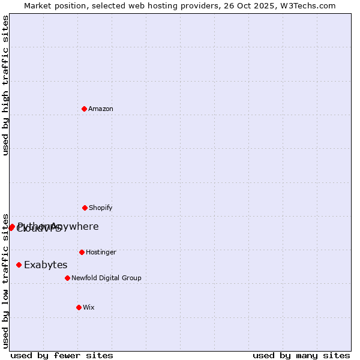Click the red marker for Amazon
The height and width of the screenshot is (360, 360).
84,109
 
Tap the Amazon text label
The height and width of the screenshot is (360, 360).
101,109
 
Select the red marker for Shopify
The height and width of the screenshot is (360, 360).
85,208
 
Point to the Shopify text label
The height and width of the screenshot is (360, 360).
101,208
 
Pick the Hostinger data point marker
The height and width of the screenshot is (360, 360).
82,252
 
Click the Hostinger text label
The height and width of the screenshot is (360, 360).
101,252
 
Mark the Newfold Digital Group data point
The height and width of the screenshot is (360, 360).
67,278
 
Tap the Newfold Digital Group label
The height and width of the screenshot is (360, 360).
106,278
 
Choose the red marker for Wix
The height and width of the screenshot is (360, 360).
79,307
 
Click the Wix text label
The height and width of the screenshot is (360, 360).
89,307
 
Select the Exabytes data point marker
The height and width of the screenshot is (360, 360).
19,265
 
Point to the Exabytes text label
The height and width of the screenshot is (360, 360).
46,265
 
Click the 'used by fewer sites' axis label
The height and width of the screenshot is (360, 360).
62,355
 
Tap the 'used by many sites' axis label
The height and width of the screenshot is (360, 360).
301,355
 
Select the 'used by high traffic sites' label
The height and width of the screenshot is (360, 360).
5,85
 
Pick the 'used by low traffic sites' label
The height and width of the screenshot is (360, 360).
5,280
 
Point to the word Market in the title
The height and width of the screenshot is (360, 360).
38,5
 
